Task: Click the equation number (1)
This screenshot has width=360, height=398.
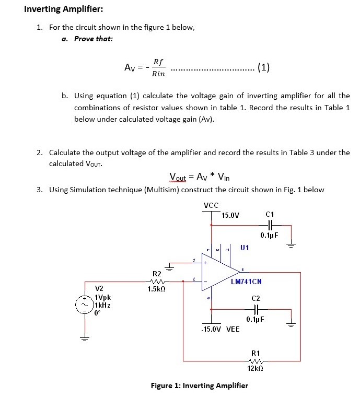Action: click(x=264, y=67)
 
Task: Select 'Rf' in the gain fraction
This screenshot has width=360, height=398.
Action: click(x=158, y=62)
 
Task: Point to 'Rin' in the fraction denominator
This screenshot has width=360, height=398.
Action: click(x=158, y=74)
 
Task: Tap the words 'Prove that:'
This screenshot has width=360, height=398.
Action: click(x=94, y=39)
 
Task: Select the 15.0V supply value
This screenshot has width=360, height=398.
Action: click(x=230, y=215)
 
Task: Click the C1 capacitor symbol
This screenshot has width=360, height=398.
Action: click(x=270, y=226)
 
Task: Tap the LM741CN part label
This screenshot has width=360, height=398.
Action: click(x=246, y=282)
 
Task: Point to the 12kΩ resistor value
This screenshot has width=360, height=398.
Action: click(x=256, y=369)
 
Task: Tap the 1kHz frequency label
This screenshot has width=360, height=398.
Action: click(x=102, y=305)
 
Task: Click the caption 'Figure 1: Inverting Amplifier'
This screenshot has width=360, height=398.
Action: click(x=199, y=386)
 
